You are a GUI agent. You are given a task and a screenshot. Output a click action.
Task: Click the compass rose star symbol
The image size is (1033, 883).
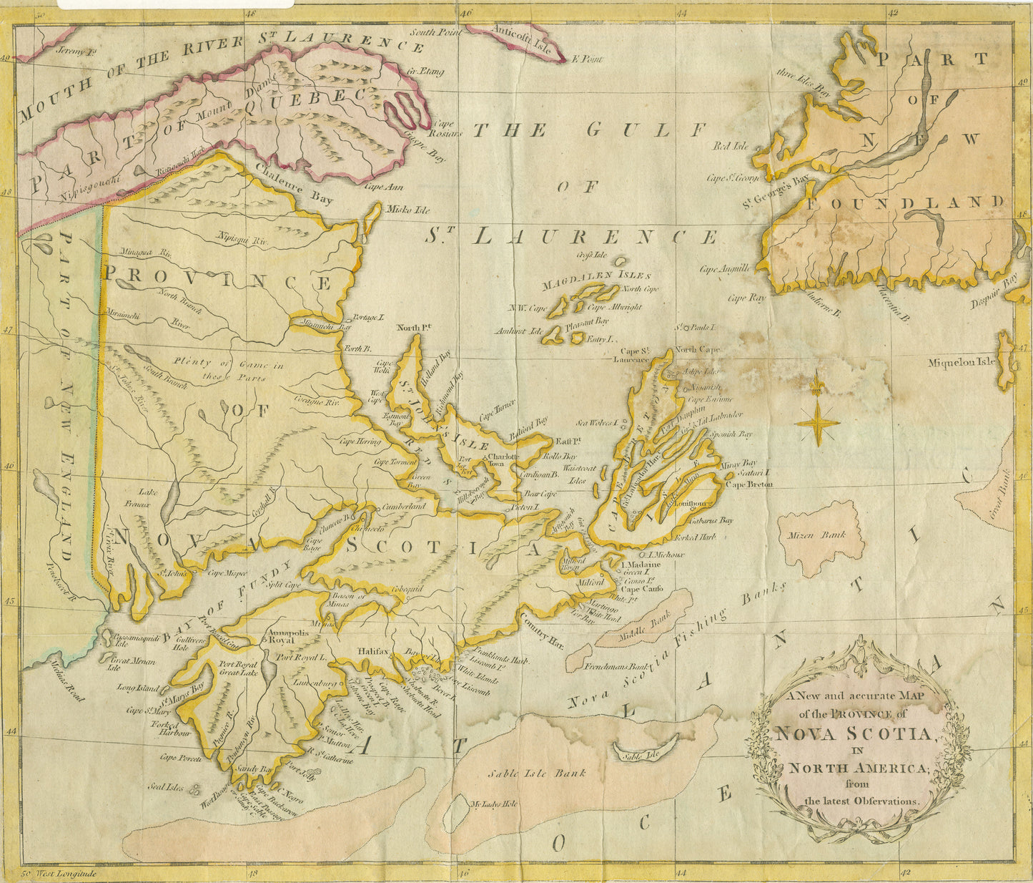pyautogui.click(x=817, y=420)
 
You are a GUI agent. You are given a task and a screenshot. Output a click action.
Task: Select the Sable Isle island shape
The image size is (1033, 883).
pyautogui.click(x=646, y=748)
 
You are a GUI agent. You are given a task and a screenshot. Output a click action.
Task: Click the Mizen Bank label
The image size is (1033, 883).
pyautogui.click(x=826, y=534)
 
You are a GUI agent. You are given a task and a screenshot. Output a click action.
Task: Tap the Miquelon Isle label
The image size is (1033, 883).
pyautogui.click(x=962, y=362)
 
